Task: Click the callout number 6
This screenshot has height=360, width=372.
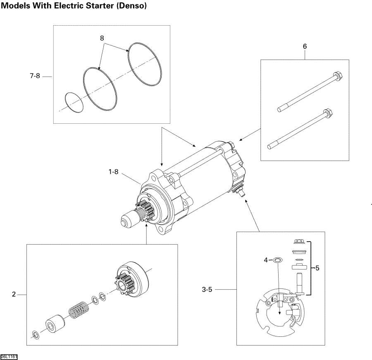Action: pos(305,46)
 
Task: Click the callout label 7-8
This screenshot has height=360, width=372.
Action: pos(35,76)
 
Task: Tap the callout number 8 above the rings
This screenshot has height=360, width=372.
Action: pos(102,38)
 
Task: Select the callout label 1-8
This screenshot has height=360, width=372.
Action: pos(113,172)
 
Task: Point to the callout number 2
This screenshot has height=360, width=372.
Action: pos(14,294)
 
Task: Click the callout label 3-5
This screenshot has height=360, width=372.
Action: pos(207,290)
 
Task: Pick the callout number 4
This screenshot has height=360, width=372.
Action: pos(266,260)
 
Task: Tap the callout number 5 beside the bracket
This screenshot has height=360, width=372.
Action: pos(317,268)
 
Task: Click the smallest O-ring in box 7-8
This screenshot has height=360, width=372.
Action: pos(74,102)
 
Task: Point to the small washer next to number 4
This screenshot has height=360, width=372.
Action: pos(277,260)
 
